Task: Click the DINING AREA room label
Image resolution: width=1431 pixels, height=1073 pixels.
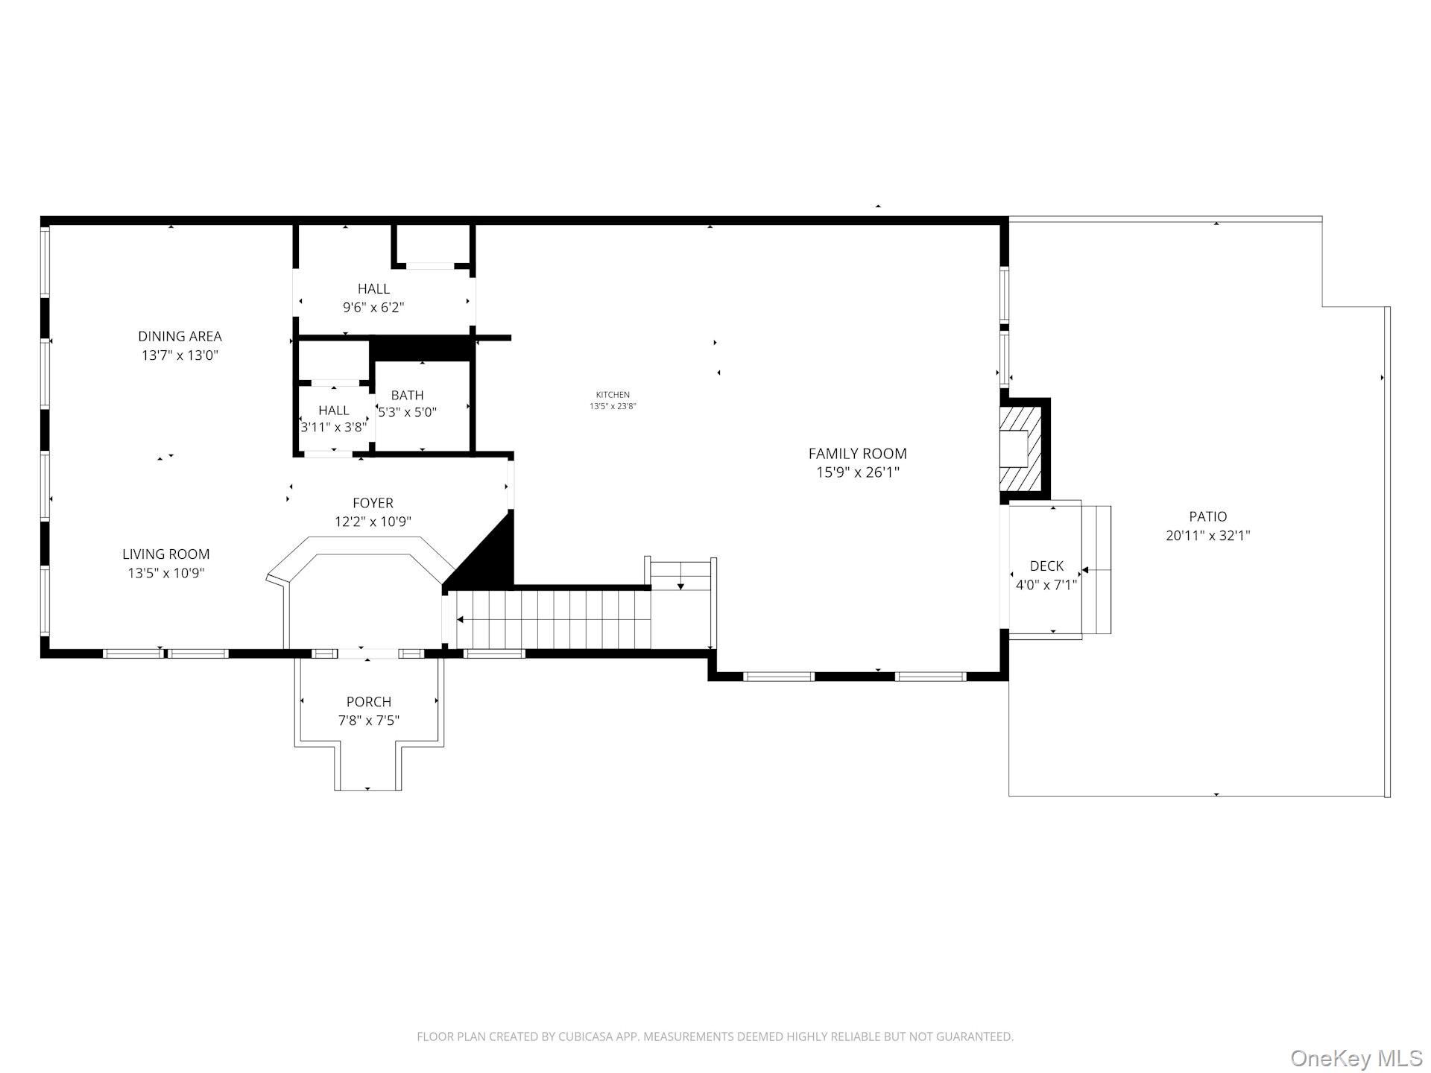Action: pos(180,336)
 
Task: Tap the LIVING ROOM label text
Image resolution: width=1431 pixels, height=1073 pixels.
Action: pos(165,554)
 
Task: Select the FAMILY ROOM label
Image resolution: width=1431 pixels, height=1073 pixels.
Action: pos(857,453)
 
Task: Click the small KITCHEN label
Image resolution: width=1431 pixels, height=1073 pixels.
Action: pos(613,395)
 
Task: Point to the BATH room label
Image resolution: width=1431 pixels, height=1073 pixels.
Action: pos(407,395)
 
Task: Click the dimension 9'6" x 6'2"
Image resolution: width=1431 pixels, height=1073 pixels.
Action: pos(373,307)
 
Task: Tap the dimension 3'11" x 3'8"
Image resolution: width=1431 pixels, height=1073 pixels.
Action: pos(334,428)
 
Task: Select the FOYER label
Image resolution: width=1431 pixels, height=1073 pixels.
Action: pos(373,503)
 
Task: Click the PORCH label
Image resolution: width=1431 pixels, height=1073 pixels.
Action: pos(368,701)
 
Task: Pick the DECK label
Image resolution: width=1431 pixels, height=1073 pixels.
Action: pos(1046,566)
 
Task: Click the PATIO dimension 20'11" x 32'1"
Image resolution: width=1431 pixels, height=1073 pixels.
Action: pos(1207,535)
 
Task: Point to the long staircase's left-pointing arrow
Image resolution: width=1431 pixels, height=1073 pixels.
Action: pos(461,619)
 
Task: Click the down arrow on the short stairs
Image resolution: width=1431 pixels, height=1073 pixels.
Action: pos(680,587)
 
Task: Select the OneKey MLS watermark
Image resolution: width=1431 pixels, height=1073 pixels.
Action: pos(1356,1057)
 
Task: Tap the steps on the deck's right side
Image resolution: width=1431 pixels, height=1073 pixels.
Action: pos(1096,570)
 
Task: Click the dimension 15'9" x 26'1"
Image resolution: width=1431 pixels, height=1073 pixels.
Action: pos(857,472)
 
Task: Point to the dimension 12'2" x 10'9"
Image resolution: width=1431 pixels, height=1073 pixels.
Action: pos(373,522)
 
